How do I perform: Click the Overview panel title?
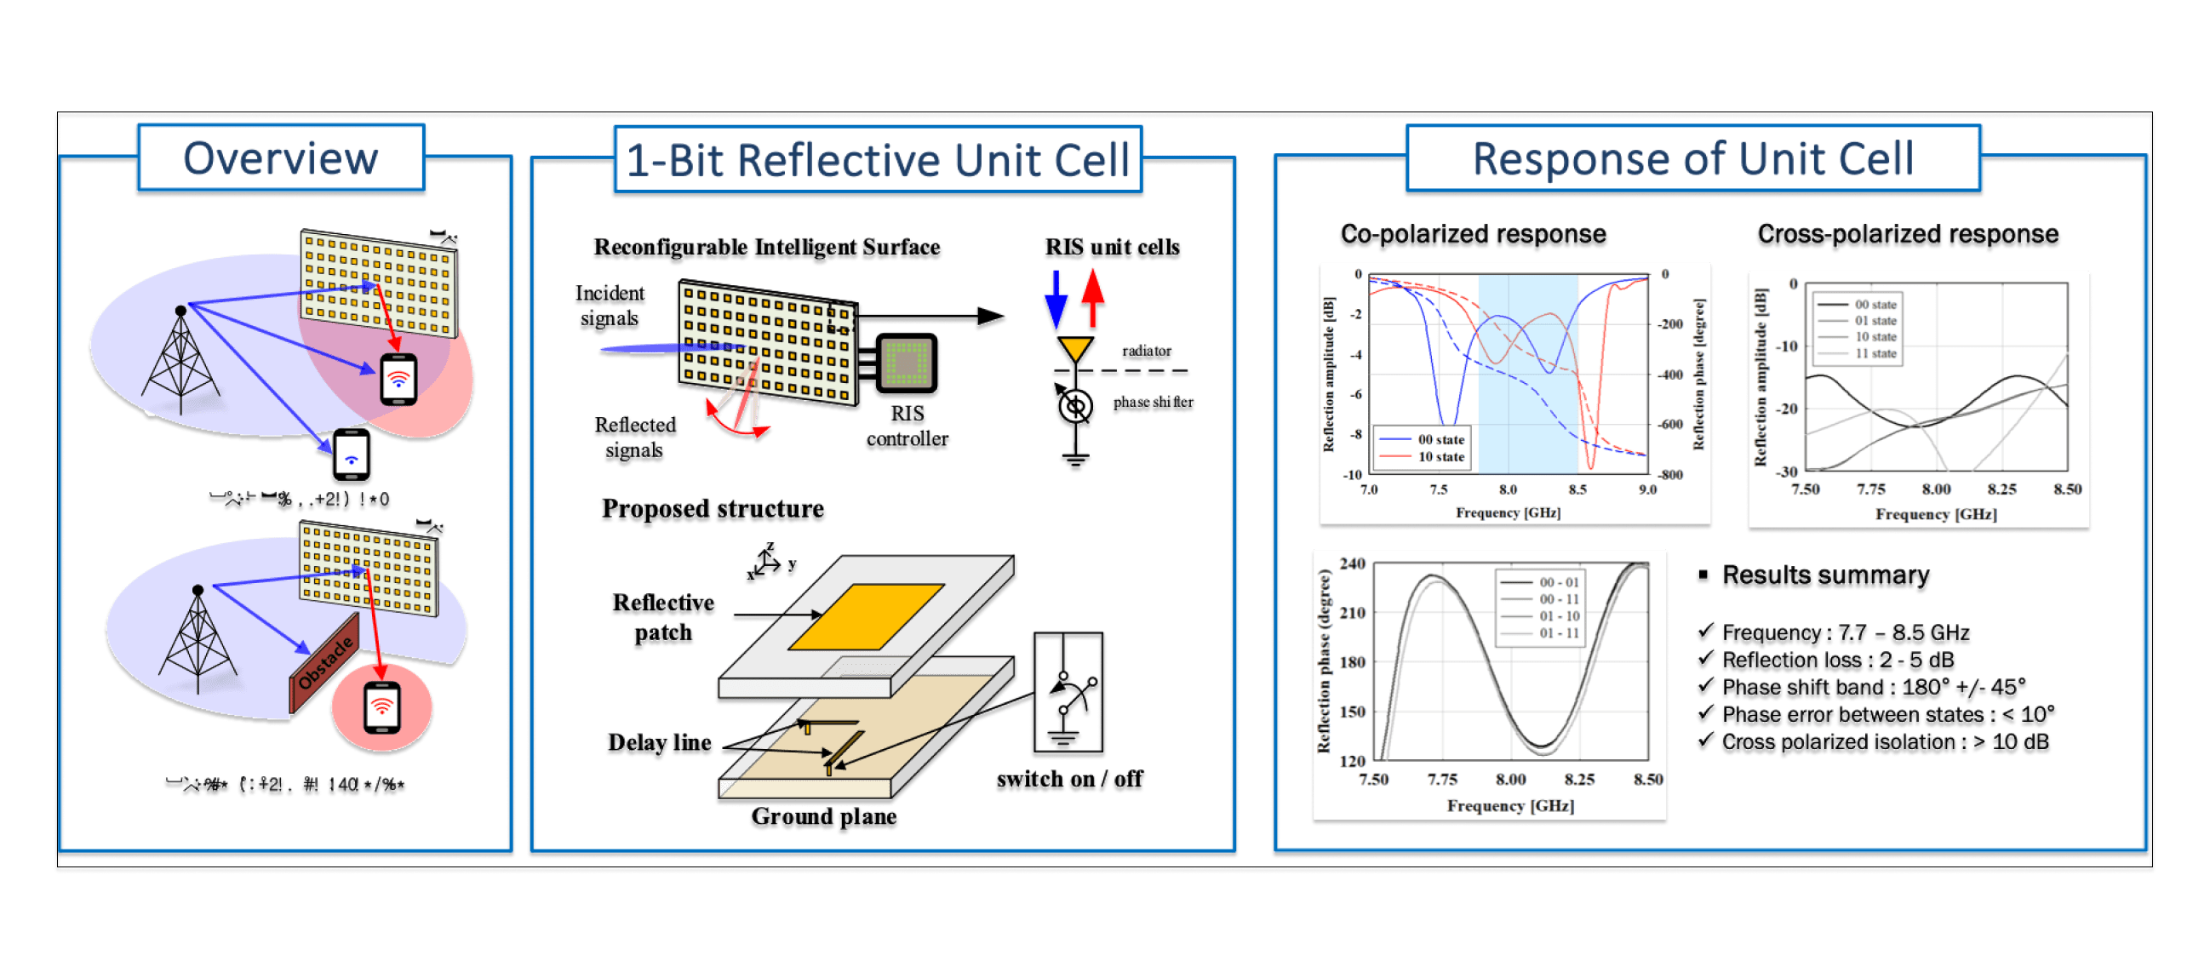(x=281, y=158)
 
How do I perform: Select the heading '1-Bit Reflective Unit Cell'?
(x=877, y=160)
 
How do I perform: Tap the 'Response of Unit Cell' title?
(x=1692, y=158)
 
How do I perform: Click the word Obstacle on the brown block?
(x=325, y=662)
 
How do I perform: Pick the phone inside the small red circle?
(x=381, y=707)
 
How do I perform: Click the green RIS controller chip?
(x=906, y=364)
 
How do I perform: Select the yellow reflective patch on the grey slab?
(x=866, y=616)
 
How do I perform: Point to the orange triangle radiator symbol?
(x=1074, y=350)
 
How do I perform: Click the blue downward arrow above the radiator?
(x=1056, y=301)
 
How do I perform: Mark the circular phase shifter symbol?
(x=1075, y=407)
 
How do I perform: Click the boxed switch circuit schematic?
(x=1068, y=695)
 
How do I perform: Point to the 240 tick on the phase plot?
(x=1352, y=563)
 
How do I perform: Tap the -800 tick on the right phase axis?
(x=1669, y=474)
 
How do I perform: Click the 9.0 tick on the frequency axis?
(x=1647, y=490)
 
